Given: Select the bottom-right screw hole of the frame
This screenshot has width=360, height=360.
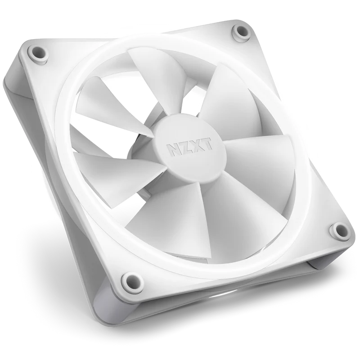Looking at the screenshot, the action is pyautogui.click(x=339, y=230).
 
